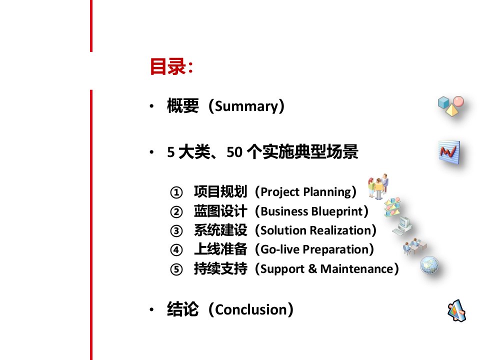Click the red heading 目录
(x=167, y=66)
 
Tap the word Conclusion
(x=250, y=310)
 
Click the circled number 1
(x=176, y=192)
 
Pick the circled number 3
(x=176, y=231)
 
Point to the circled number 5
(x=176, y=269)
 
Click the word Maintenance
(x=356, y=269)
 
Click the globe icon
(x=429, y=265)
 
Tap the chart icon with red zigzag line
(x=449, y=152)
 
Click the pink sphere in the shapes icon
(x=458, y=101)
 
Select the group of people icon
(x=378, y=186)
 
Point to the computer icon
(x=402, y=226)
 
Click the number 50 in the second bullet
(x=234, y=152)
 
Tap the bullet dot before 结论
(x=151, y=309)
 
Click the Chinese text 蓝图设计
(x=220, y=211)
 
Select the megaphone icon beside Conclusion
(x=456, y=310)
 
